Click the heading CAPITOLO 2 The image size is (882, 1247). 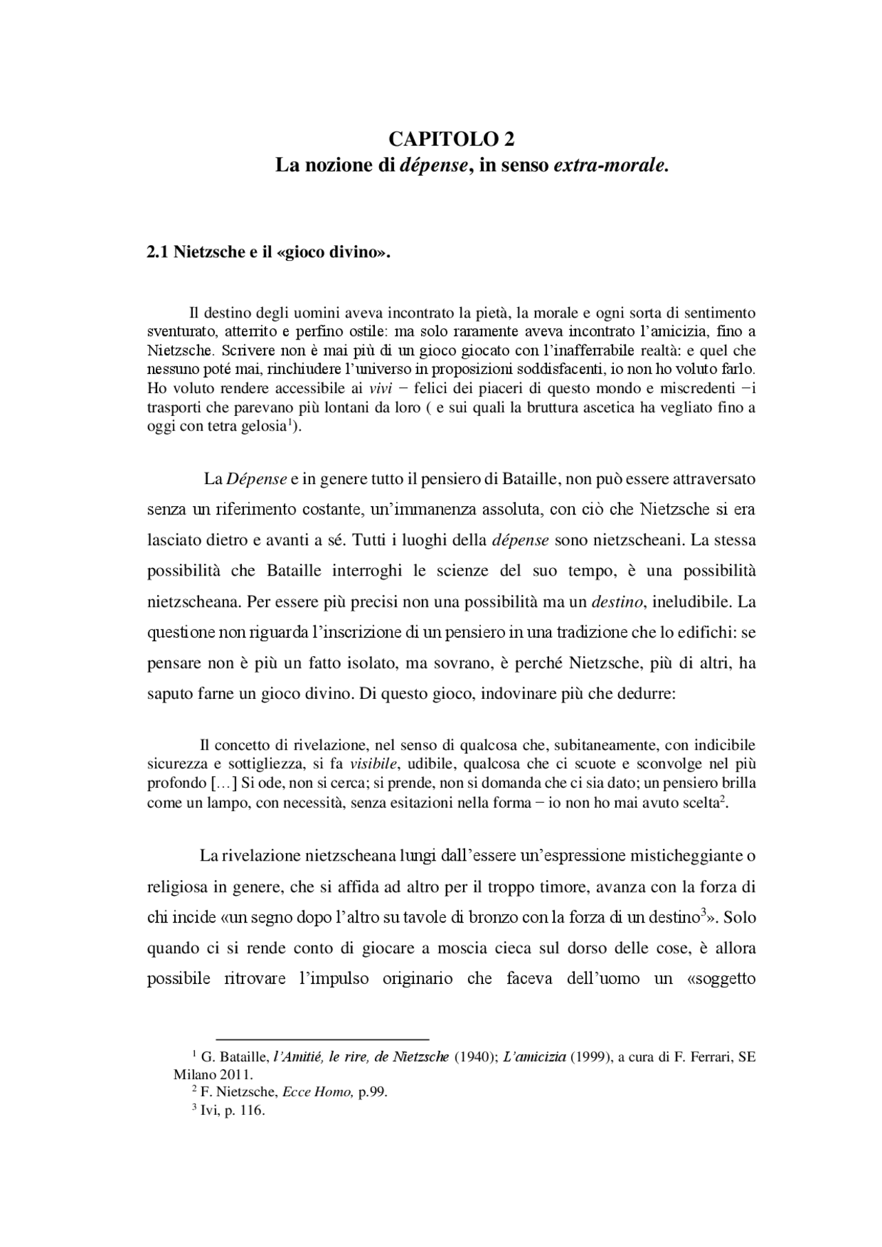point(451,139)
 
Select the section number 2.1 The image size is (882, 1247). point(158,251)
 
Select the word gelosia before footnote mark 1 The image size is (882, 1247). point(263,426)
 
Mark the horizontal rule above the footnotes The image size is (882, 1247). point(322,1038)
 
